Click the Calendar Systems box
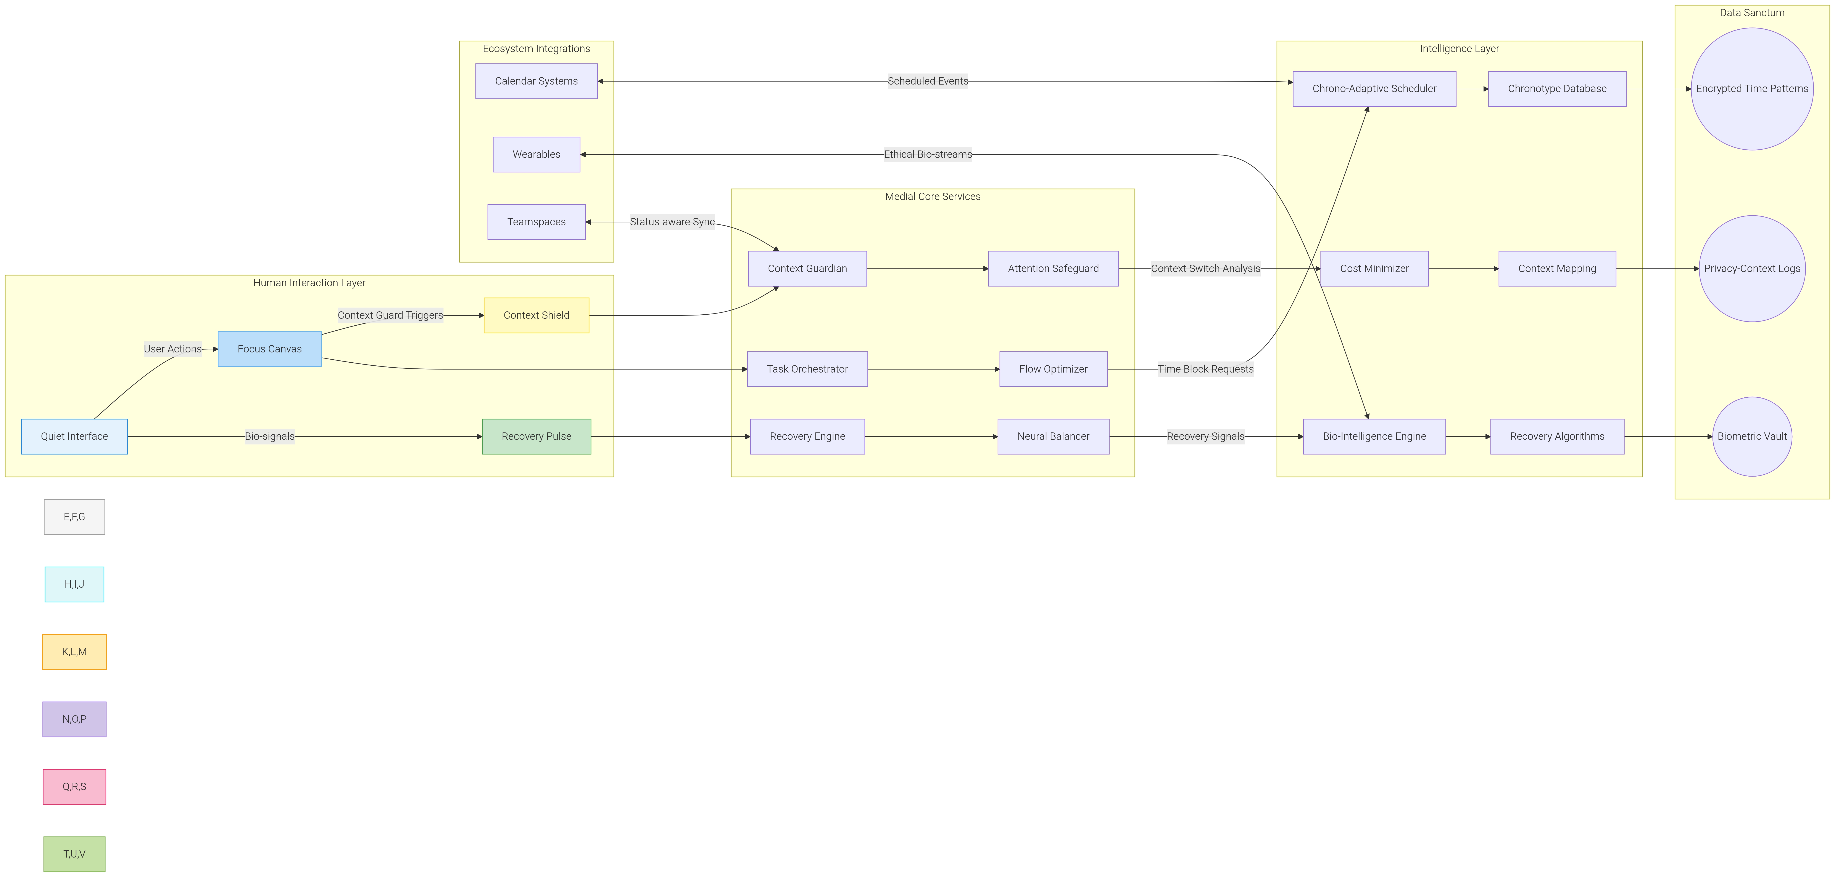pyautogui.click(x=536, y=81)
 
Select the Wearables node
pyautogui.click(x=536, y=154)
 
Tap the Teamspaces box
pyautogui.click(x=536, y=222)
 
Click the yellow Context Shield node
pyautogui.click(x=536, y=315)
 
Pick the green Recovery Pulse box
pyautogui.click(x=536, y=436)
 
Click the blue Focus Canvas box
pyautogui.click(x=269, y=349)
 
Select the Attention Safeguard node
pyautogui.click(x=1053, y=268)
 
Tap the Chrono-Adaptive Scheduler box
pyautogui.click(x=1374, y=89)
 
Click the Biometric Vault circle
pyautogui.click(x=1752, y=436)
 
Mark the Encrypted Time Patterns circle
pyautogui.click(x=1752, y=89)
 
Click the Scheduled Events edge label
pyautogui.click(x=928, y=81)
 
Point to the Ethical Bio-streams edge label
pyautogui.click(x=928, y=154)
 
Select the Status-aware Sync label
pyautogui.click(x=672, y=222)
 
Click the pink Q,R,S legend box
pyautogui.click(x=74, y=787)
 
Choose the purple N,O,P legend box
pyautogui.click(x=74, y=719)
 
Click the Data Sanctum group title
pyautogui.click(x=1752, y=13)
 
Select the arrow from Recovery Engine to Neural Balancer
pyautogui.click(x=931, y=436)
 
